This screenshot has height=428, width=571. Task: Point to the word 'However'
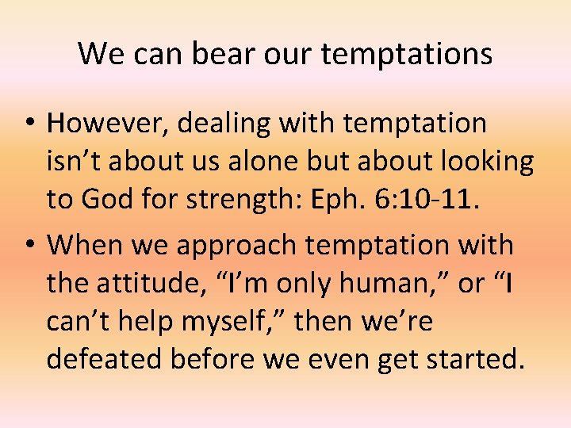point(108,124)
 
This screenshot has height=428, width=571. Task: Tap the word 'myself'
point(237,321)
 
